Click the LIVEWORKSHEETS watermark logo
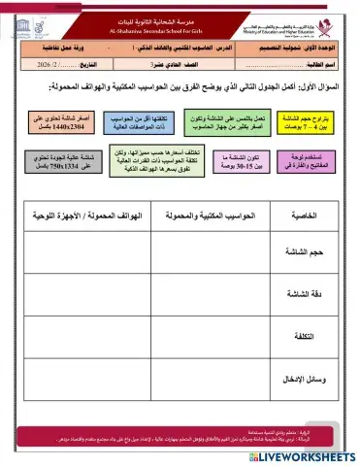pyautogui.click(x=301, y=455)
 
